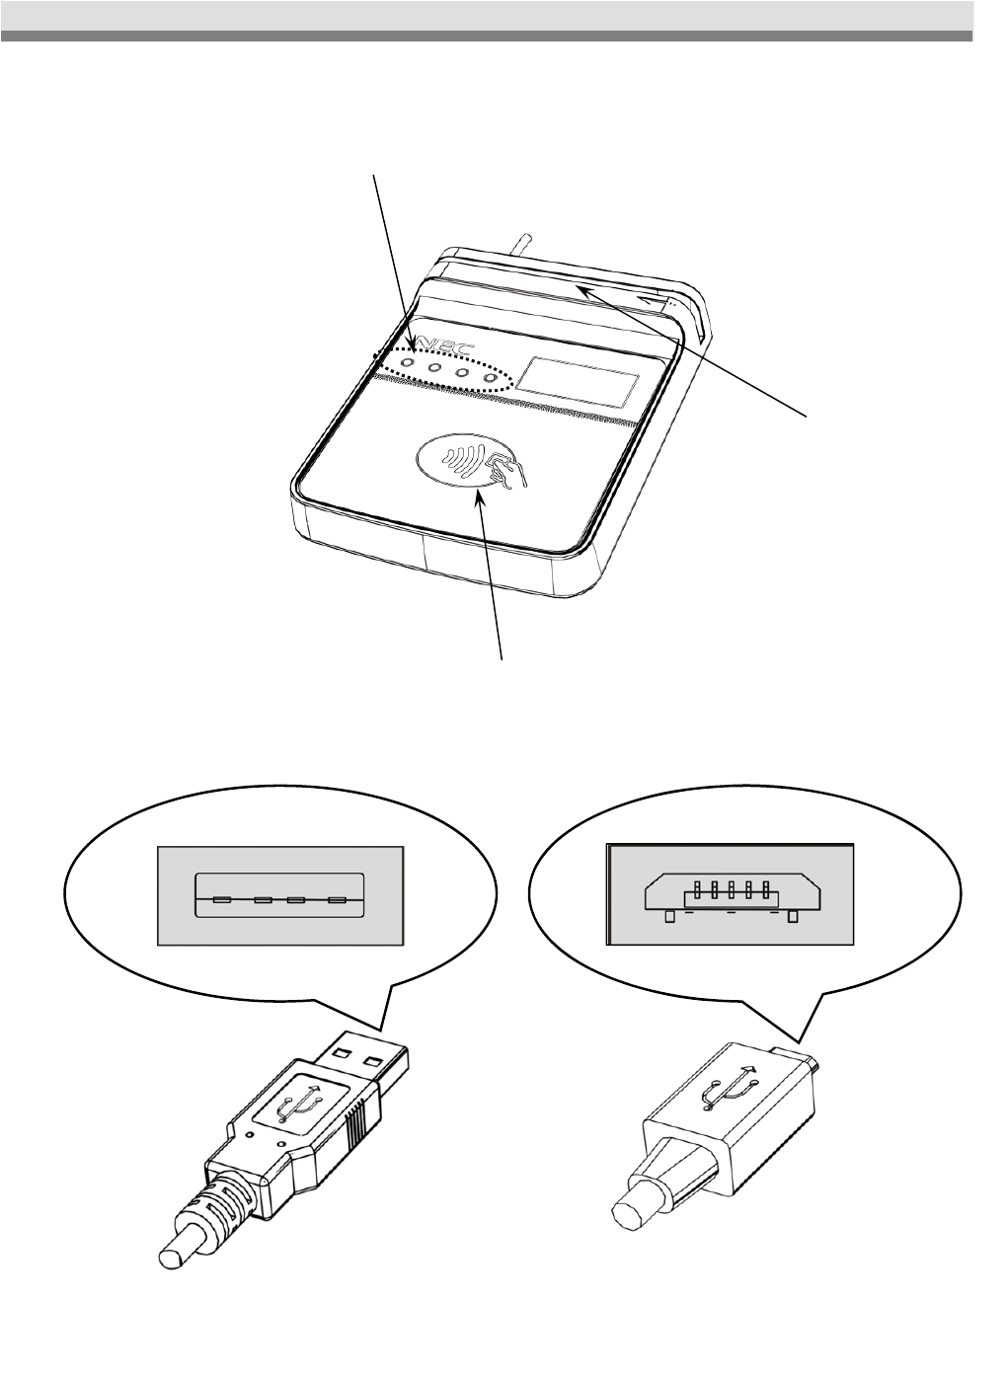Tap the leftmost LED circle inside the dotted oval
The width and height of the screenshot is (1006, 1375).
click(x=407, y=364)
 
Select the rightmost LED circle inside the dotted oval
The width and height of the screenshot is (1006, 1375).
click(x=490, y=379)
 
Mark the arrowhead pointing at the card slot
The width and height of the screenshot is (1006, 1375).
click(x=583, y=289)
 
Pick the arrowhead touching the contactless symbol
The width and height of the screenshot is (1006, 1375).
click(x=481, y=496)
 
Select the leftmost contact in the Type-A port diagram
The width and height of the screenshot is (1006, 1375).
click(x=222, y=900)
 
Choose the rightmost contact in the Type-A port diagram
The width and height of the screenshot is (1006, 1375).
click(x=338, y=900)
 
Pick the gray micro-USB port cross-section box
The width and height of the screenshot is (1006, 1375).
click(x=730, y=894)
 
